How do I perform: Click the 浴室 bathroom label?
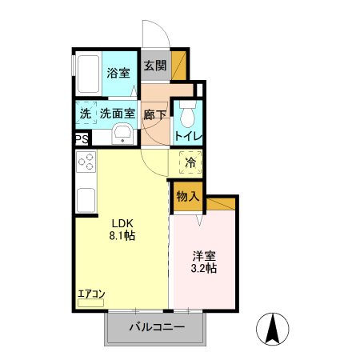click(118, 73)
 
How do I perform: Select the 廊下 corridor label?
click(154, 114)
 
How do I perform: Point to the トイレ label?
click(188, 136)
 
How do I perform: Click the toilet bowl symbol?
click(186, 115)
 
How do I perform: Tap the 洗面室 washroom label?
click(117, 114)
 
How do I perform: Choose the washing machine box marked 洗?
click(85, 114)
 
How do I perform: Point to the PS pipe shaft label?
click(81, 139)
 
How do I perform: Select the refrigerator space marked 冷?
click(190, 163)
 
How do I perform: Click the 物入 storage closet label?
click(188, 197)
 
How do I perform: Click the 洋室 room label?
click(205, 256)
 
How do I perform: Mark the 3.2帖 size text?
click(205, 270)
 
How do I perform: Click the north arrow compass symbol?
click(272, 329)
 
